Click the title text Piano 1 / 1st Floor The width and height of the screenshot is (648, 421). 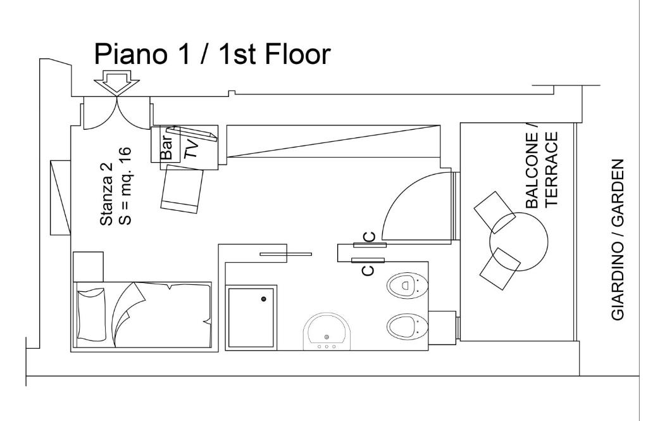pos(212,54)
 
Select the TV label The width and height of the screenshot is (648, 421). pos(191,148)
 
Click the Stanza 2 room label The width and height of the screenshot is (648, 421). pos(106,194)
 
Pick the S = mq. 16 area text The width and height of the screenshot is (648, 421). pos(125,185)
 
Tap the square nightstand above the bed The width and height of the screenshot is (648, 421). pos(88,267)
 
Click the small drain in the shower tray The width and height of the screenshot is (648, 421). pos(263,298)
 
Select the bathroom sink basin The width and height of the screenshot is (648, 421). pos(327,331)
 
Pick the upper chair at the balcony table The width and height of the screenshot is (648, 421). pos(494,211)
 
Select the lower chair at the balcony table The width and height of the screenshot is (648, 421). pos(500,268)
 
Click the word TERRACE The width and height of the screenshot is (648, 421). pos(552,169)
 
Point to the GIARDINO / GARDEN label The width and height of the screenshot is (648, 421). pos(618,239)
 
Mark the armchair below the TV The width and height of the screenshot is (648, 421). pos(182,189)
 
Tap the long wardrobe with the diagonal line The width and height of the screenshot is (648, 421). pos(333,141)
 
